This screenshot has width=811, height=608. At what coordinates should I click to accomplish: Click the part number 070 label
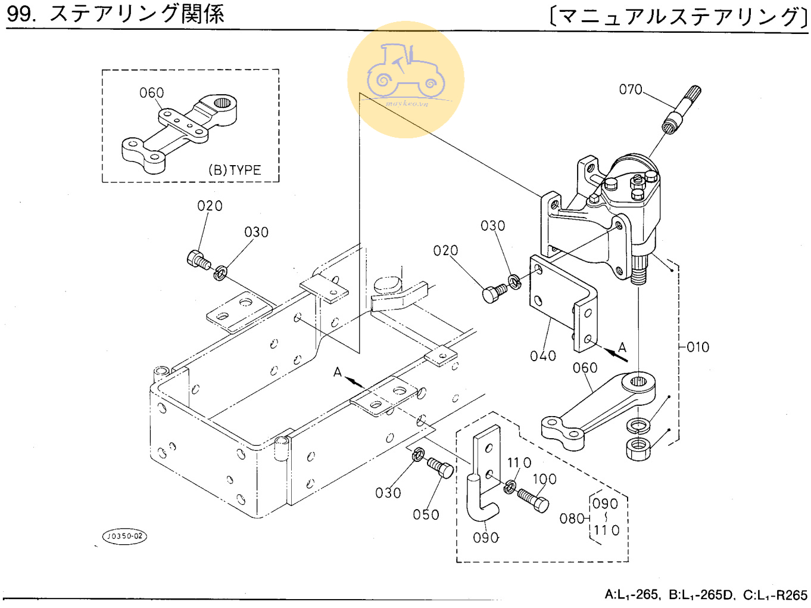pyautogui.click(x=631, y=89)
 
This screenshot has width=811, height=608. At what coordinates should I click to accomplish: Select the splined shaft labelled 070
pyautogui.click(x=682, y=110)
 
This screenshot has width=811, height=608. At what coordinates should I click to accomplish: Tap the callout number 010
pyautogui.click(x=698, y=347)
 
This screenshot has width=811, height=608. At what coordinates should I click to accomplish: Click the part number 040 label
pyautogui.click(x=542, y=356)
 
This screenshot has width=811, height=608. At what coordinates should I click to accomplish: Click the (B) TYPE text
pyautogui.click(x=235, y=170)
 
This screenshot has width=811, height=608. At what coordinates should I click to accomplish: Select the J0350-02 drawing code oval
pyautogui.click(x=124, y=536)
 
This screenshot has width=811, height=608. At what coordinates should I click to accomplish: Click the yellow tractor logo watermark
pyautogui.click(x=405, y=79)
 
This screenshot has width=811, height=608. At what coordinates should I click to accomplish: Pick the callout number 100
pyautogui.click(x=544, y=479)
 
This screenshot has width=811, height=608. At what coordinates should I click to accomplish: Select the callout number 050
pyautogui.click(x=426, y=514)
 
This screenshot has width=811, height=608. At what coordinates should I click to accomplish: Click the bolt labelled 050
pyautogui.click(x=441, y=468)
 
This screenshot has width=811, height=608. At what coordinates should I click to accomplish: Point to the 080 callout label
pyautogui.click(x=572, y=519)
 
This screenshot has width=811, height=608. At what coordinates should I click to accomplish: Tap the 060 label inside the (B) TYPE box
pyautogui.click(x=151, y=93)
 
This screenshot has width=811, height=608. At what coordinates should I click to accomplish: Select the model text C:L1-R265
pyautogui.click(x=775, y=595)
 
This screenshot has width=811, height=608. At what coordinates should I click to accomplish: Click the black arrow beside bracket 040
pyautogui.click(x=615, y=354)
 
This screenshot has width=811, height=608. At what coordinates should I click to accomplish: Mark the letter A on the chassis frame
pyautogui.click(x=338, y=373)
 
